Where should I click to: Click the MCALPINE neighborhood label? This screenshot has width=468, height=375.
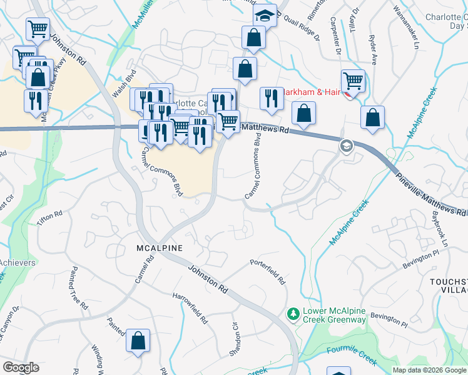pyautogui.click(x=159, y=248)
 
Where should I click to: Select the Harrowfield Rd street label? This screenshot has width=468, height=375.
pyautogui.click(x=190, y=307)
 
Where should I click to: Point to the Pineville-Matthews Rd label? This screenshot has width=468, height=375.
pyautogui.click(x=431, y=194)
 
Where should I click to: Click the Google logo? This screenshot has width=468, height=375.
pyautogui.click(x=21, y=367)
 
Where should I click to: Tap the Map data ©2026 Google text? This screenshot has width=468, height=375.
pyautogui.click(x=429, y=370)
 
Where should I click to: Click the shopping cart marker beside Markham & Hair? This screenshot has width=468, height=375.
pyautogui.click(x=353, y=81)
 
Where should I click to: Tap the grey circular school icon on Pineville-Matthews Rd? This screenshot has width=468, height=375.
pyautogui.click(x=345, y=146)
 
